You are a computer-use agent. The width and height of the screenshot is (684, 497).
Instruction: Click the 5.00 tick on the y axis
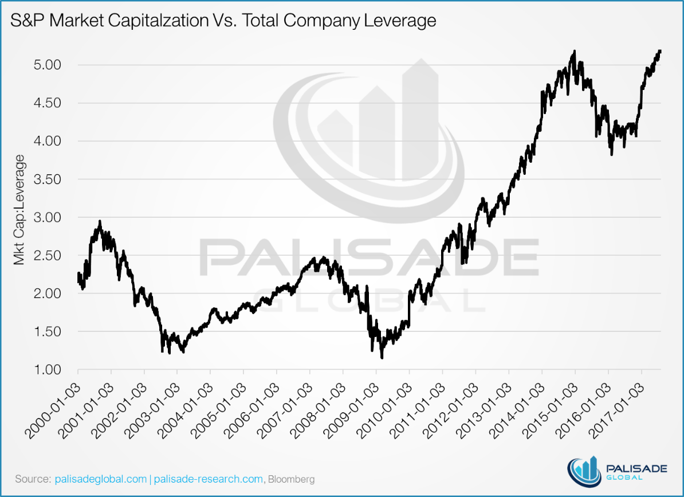click(x=45, y=65)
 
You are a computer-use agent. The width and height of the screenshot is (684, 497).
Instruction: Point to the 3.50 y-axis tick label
click(x=45, y=179)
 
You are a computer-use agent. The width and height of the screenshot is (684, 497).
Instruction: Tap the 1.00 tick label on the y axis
click(x=45, y=369)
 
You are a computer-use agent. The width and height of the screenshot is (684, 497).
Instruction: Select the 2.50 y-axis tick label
click(x=45, y=255)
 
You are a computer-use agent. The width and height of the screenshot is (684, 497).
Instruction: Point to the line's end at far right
click(x=661, y=51)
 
